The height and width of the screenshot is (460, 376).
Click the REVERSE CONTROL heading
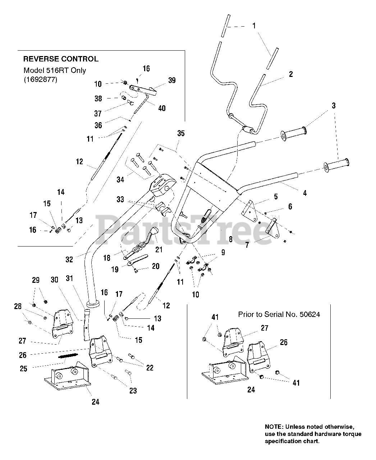61,59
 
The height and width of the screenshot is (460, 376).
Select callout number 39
172,80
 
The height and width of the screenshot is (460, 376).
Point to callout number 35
181,133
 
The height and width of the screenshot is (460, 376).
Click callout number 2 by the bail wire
290,74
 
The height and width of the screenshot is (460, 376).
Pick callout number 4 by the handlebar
305,193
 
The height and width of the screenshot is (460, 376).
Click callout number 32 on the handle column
69,259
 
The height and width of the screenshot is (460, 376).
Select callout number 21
159,249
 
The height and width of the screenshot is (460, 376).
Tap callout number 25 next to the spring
23,369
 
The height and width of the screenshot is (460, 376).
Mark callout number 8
230,239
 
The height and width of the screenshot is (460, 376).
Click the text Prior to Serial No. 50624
279,314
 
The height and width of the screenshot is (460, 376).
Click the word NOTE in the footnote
273,427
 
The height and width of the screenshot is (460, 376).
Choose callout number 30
54,280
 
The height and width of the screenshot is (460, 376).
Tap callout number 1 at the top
254,26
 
